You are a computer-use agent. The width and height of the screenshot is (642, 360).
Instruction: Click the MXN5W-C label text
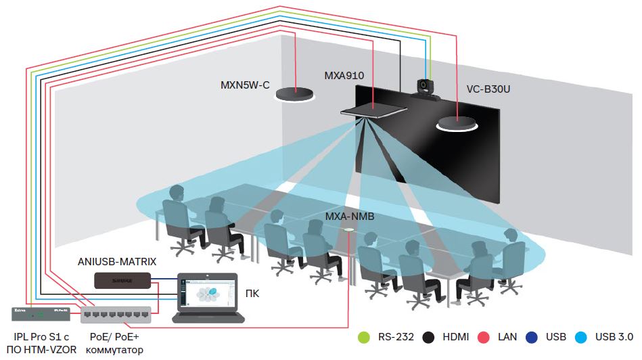coord(245,85)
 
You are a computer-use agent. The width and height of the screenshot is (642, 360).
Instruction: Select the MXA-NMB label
coord(350,217)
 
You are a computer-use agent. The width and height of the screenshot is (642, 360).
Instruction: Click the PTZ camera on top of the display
coord(426,89)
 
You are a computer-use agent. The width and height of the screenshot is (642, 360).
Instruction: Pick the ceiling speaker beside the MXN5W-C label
coord(296,94)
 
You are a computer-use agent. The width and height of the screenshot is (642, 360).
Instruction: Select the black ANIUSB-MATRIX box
coord(122,279)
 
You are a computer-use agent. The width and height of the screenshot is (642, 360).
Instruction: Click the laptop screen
coord(208,292)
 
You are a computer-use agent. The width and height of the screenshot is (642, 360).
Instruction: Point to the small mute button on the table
coord(349,231)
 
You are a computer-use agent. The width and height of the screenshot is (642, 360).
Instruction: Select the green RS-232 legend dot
coord(363,336)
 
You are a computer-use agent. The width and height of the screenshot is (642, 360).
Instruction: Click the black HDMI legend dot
coord(427,336)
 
